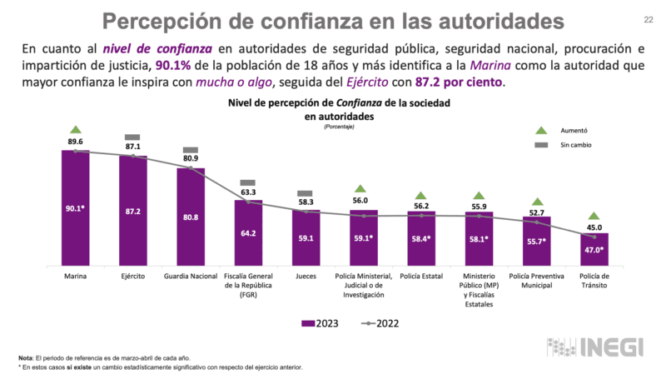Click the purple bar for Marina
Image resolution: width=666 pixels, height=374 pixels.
(75, 207)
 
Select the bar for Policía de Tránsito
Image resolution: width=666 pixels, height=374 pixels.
(594, 248)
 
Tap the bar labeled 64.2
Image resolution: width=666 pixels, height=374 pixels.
(248, 232)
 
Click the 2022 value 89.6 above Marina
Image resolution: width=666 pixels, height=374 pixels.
(75, 142)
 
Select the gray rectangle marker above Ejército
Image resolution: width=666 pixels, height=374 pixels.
(132, 137)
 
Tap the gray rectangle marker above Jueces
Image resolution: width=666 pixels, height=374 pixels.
(306, 192)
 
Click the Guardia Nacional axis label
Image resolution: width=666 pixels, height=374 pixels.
(191, 275)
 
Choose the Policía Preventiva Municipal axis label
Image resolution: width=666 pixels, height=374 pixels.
(536, 280)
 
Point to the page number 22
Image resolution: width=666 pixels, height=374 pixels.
(649, 20)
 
